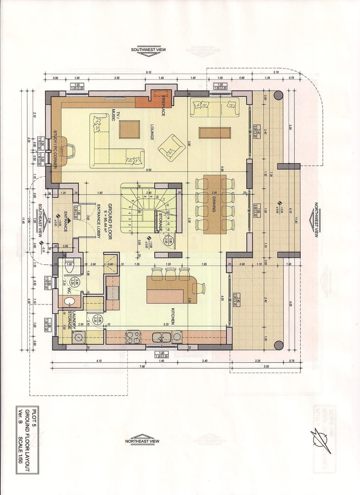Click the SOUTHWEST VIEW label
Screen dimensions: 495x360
click(x=148, y=49)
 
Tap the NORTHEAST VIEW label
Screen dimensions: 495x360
click(x=142, y=441)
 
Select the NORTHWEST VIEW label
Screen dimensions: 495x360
click(x=316, y=220)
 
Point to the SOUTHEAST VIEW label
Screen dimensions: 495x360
click(x=40, y=221)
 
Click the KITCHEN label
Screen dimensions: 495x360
click(x=173, y=316)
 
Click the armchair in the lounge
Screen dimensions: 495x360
click(x=171, y=146)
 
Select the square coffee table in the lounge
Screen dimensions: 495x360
click(x=130, y=130)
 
